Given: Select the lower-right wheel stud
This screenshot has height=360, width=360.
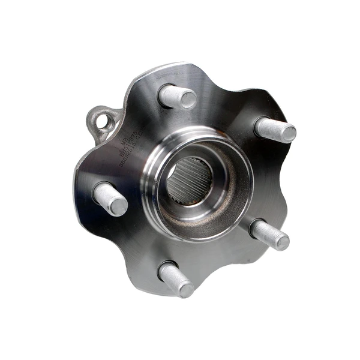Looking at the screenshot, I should [x=270, y=234].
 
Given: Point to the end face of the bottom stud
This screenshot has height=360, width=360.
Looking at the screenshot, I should [x=186, y=290].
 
